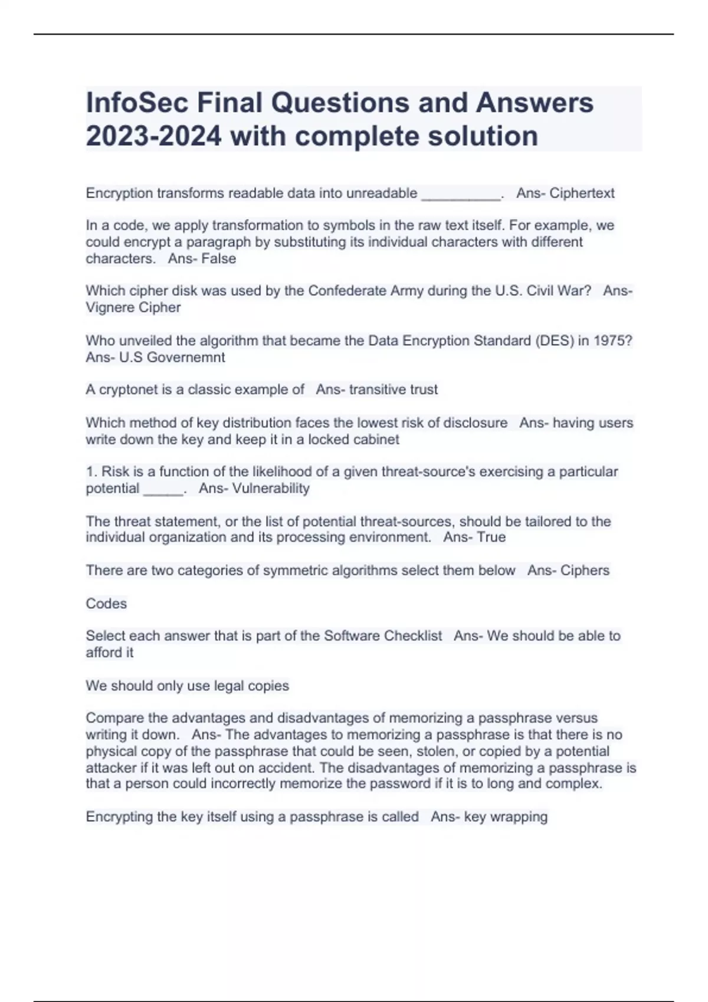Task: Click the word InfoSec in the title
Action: tap(137, 103)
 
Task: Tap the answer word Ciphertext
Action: tap(582, 193)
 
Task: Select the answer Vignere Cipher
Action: tap(133, 308)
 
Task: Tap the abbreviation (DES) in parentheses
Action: tap(554, 341)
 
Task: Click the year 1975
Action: tap(611, 341)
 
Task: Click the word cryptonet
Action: tap(127, 390)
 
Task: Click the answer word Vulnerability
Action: tap(271, 489)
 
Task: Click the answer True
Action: tap(491, 538)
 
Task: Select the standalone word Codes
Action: tap(106, 604)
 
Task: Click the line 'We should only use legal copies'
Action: tap(187, 686)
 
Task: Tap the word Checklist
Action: tap(412, 636)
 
